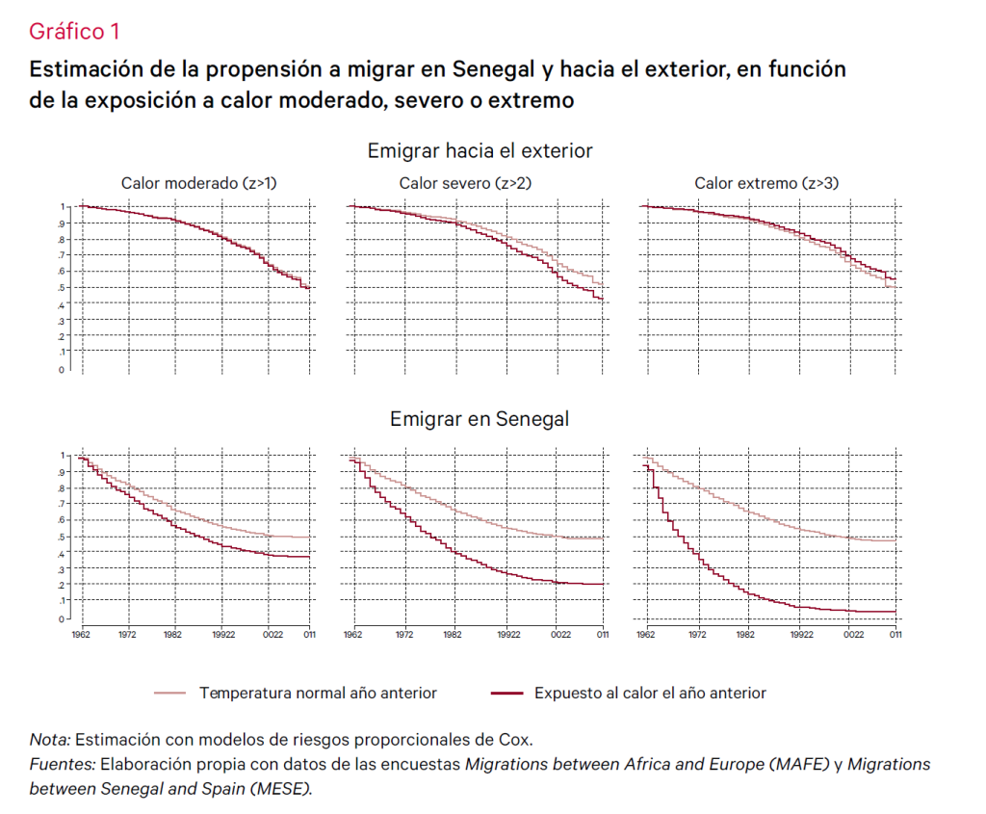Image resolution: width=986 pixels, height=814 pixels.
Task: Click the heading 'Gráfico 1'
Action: [74, 32]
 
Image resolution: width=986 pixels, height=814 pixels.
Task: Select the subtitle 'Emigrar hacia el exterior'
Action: [480, 151]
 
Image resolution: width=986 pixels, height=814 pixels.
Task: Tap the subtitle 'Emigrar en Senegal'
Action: [480, 419]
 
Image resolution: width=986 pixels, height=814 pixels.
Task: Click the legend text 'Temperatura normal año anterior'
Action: [318, 693]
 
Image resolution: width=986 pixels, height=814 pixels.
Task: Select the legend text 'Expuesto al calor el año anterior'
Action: [650, 693]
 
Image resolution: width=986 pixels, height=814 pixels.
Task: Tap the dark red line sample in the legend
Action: [506, 693]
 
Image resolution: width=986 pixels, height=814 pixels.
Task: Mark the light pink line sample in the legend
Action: [169, 693]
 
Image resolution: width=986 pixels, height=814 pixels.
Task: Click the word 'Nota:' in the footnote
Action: [49, 741]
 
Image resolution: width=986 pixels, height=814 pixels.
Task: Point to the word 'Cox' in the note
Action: [515, 741]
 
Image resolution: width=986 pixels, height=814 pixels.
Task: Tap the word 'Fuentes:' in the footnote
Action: [62, 765]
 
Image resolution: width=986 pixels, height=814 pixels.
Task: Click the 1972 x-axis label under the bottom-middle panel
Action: [405, 635]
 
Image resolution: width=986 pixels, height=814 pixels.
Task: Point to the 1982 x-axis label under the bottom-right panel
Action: [749, 635]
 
